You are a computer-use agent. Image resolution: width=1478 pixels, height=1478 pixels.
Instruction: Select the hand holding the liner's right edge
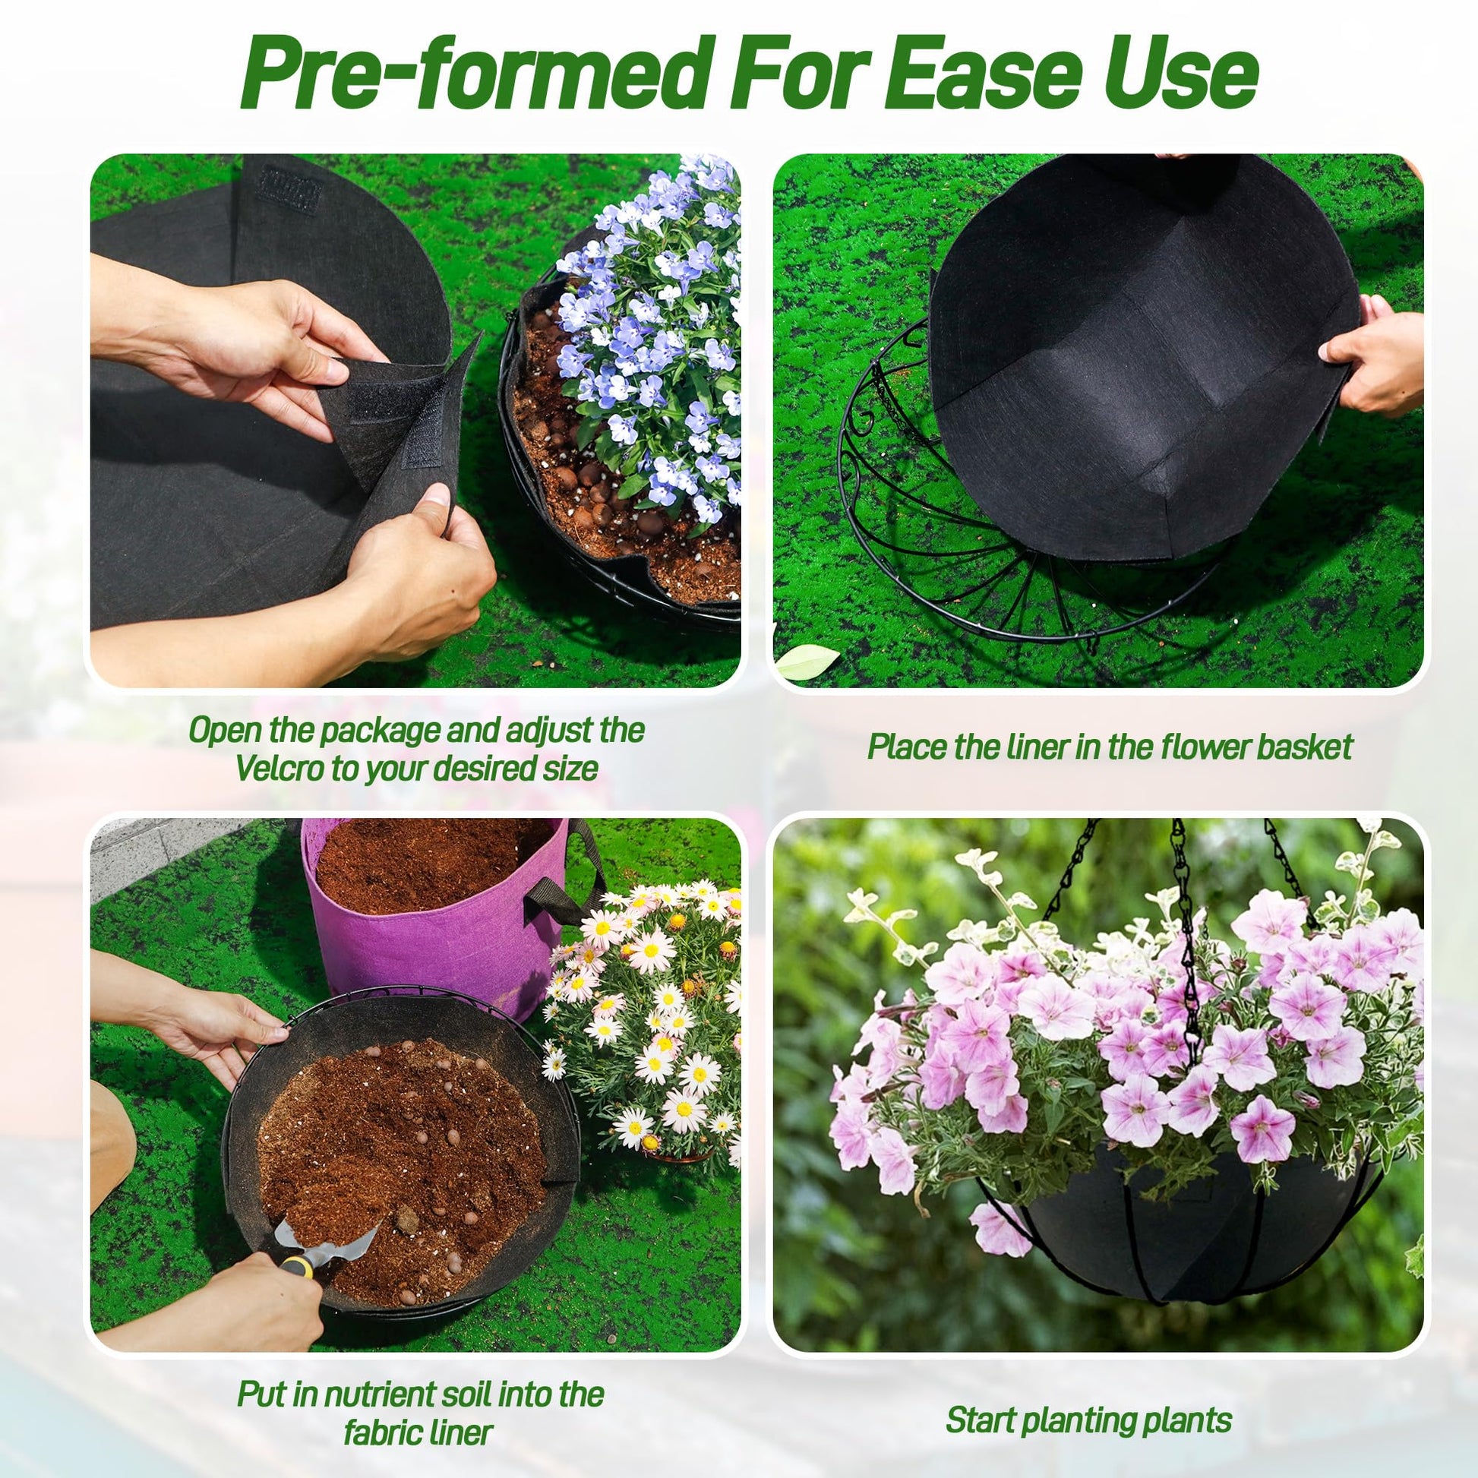[x=1371, y=352]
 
